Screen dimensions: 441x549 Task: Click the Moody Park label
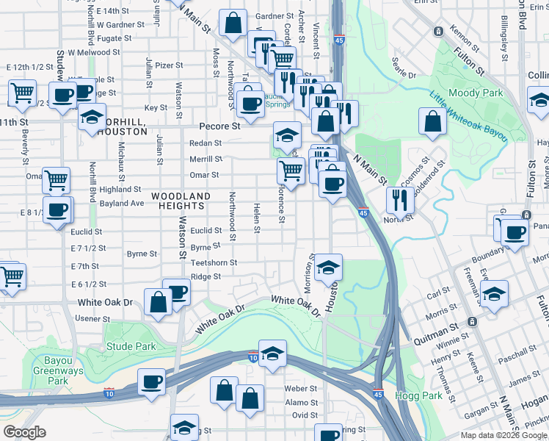476,93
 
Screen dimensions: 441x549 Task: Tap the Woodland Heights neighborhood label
181,202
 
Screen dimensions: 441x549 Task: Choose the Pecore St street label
221,126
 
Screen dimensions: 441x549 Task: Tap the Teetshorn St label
214,262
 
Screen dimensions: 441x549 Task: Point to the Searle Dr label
404,76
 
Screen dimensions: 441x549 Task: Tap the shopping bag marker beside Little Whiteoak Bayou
432,121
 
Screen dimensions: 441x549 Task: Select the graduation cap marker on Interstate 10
272,354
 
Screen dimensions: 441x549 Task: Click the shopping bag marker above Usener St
159,302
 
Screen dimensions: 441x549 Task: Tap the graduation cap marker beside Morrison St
328,268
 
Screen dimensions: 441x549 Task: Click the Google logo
25,432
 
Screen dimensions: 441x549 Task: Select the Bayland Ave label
122,203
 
